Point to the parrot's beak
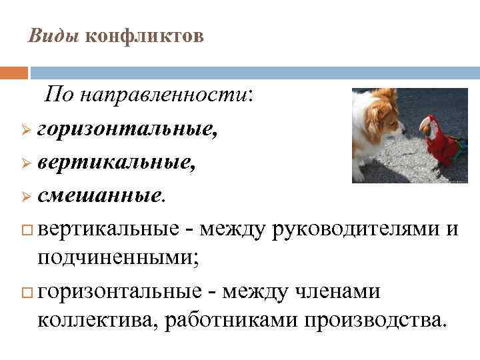(x=423, y=125)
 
